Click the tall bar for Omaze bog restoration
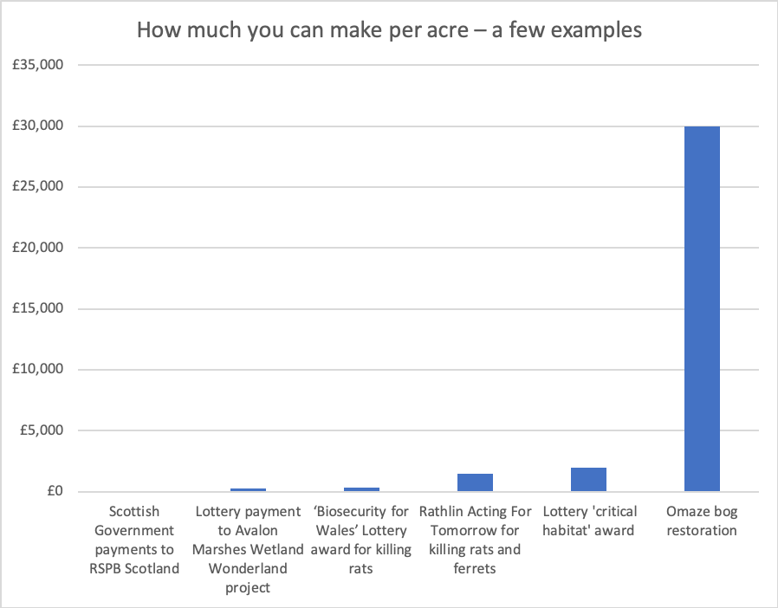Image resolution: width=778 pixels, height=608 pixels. [702, 309]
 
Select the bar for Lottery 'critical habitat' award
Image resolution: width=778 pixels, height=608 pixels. [588, 480]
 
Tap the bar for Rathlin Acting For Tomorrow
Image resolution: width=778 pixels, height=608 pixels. [475, 483]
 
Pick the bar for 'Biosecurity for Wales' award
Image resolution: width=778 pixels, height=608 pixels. [361, 489]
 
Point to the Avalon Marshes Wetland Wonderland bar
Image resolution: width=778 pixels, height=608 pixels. [249, 490]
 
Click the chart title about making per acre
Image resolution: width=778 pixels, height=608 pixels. [389, 30]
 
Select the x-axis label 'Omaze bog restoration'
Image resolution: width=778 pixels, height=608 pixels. [702, 521]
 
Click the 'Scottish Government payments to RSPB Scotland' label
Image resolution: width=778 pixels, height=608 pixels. [135, 540]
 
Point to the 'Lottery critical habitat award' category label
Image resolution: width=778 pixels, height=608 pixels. [588, 521]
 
